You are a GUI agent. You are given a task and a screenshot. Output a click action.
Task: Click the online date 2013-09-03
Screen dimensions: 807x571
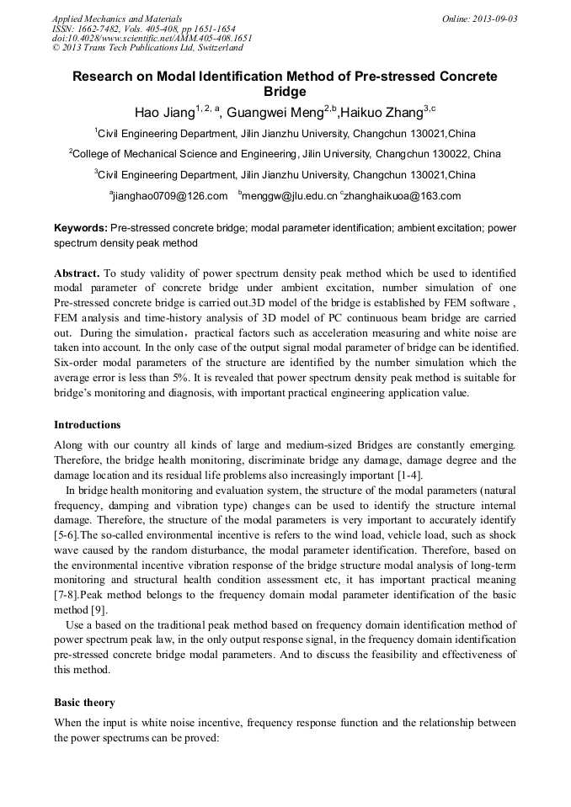[493, 19]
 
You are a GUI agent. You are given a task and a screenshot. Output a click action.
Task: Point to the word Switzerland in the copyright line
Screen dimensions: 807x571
[214, 48]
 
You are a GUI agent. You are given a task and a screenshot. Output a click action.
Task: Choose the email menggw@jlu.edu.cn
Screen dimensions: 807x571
[291, 196]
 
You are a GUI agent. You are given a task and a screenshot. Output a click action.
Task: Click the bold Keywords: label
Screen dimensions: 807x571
[81, 228]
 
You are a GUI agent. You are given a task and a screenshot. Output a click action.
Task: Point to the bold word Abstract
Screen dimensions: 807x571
[77, 273]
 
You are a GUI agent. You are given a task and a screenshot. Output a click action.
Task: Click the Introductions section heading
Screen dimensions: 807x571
[88, 424]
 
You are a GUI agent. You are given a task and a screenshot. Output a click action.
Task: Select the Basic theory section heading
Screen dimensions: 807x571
[84, 702]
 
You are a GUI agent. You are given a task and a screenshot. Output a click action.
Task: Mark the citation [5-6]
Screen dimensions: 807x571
[67, 535]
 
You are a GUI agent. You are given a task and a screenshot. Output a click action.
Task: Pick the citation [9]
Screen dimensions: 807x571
[99, 611]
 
